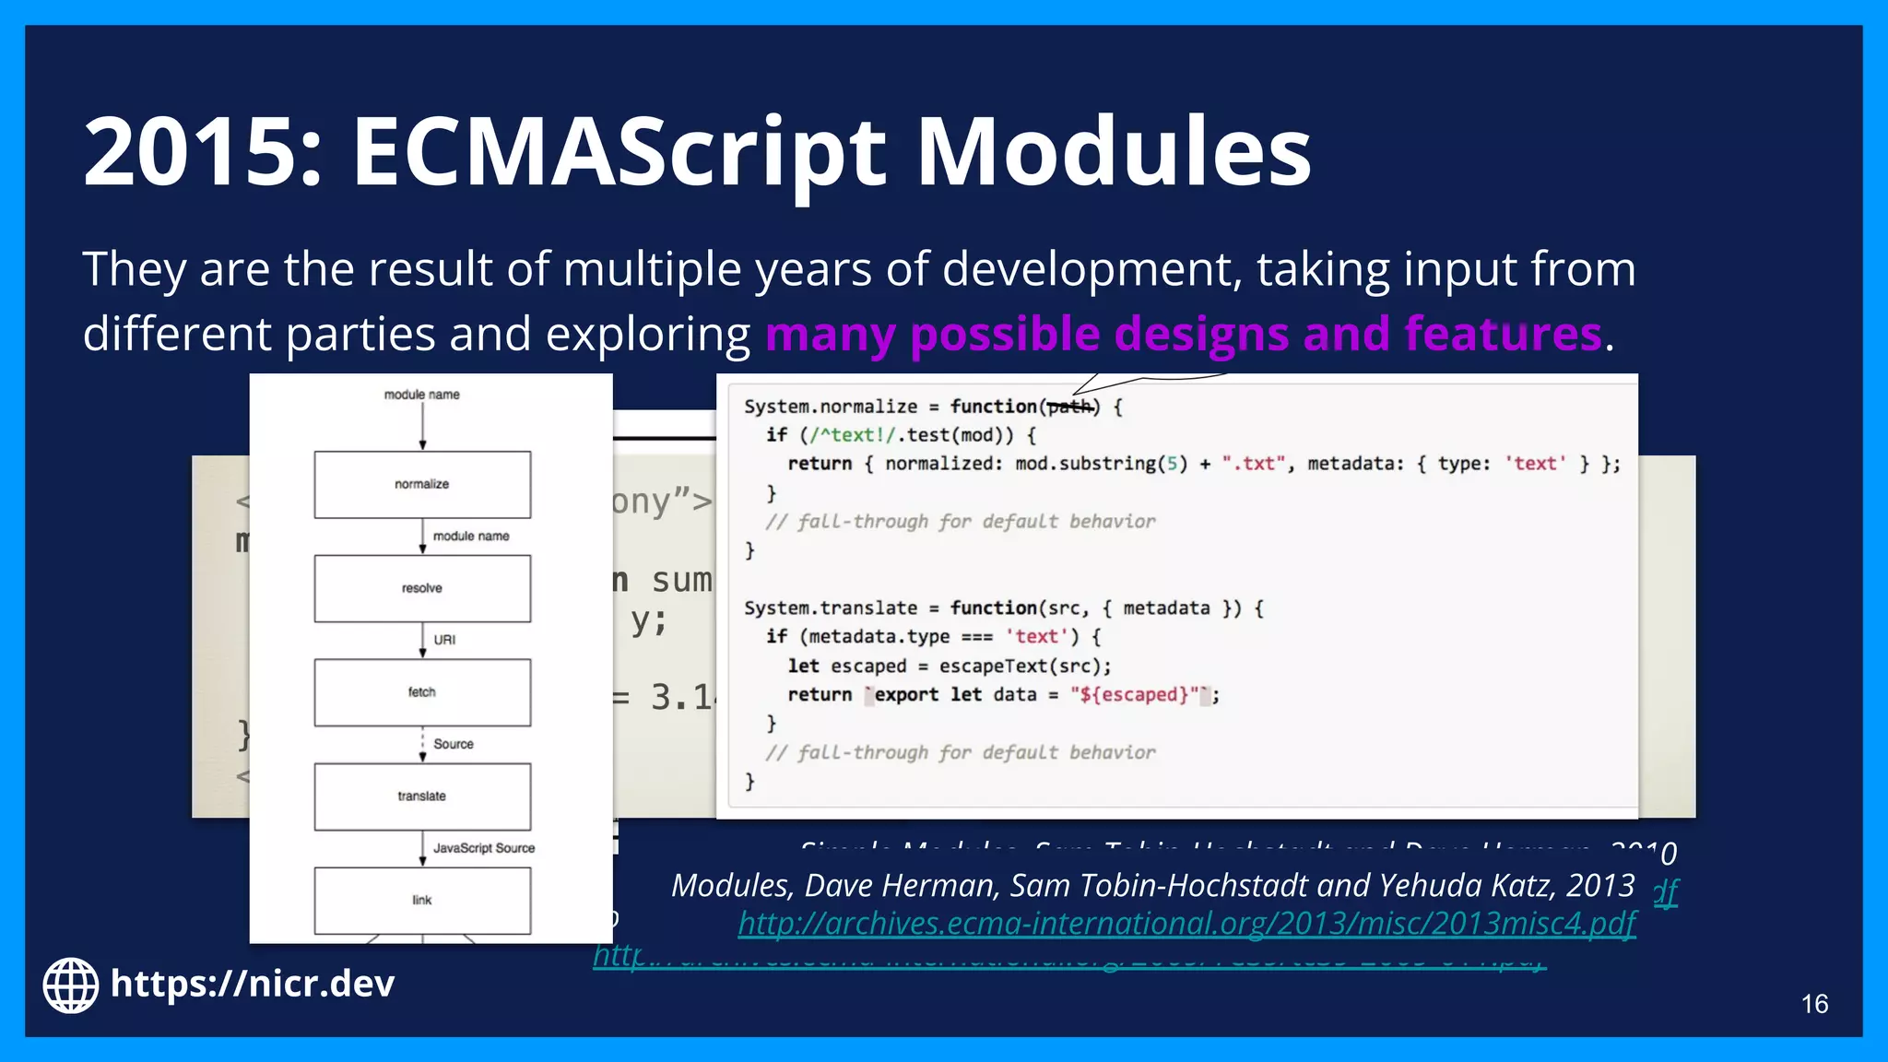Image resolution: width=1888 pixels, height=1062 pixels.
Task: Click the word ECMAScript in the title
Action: click(x=618, y=152)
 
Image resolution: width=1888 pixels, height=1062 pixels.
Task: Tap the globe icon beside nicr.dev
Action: click(x=70, y=985)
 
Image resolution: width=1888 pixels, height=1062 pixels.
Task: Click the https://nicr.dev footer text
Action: click(x=252, y=984)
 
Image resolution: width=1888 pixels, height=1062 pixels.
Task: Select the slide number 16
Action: click(x=1814, y=1004)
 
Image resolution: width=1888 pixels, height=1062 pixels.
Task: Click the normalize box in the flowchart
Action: click(x=422, y=485)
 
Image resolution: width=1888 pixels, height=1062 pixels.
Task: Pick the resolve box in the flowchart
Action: click(x=422, y=588)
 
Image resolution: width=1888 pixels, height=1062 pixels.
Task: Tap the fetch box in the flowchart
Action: click(x=422, y=692)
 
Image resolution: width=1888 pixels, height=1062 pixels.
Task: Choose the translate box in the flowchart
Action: click(x=422, y=796)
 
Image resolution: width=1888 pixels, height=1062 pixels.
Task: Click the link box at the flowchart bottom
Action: click(x=422, y=901)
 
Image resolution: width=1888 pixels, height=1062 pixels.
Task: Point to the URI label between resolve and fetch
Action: click(x=444, y=640)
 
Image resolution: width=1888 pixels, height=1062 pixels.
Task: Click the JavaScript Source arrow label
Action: click(x=484, y=848)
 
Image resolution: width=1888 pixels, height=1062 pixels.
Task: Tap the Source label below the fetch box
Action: click(x=454, y=744)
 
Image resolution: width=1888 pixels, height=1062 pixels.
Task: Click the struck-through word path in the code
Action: click(x=1068, y=407)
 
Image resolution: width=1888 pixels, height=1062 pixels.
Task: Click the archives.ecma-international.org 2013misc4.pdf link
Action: click(x=1186, y=924)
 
